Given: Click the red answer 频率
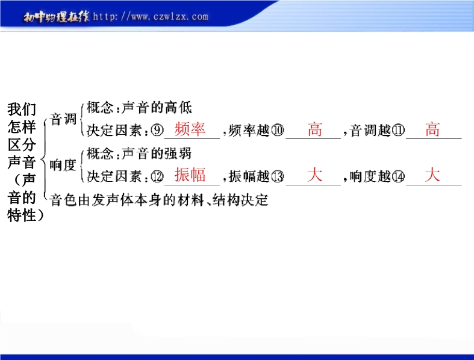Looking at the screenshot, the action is tap(190, 129).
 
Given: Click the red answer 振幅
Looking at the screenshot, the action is tap(190, 175).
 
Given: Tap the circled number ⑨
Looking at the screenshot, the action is tap(157, 130).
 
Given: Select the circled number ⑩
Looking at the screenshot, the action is tap(278, 130).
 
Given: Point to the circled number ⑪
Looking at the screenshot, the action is tap(398, 130).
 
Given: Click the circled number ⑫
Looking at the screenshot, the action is tap(157, 176).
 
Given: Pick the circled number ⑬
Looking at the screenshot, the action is tap(278, 176).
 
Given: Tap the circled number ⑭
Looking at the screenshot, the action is tap(398, 176).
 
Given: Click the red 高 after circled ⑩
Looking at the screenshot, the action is tap(314, 129).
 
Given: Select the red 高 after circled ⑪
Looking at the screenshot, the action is tap(432, 129).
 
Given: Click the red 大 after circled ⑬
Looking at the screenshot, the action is tap(314, 175).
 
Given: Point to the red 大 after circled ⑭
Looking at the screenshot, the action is tap(432, 175).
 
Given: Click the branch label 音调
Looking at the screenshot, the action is tap(63, 119).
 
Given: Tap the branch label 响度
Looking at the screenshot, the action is tap(63, 165).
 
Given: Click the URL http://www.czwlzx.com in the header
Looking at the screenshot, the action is tap(151, 16).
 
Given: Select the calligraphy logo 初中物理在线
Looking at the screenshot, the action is tap(57, 17).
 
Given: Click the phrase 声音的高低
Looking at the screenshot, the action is tap(157, 107).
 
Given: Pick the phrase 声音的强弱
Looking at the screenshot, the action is tap(157, 154).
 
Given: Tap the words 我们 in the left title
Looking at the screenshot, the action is tap(22, 109).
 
